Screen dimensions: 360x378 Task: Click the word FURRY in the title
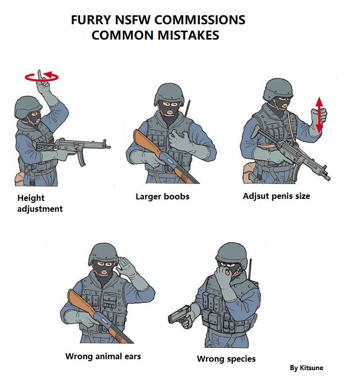click(91, 20)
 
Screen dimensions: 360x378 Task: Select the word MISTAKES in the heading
click(188, 35)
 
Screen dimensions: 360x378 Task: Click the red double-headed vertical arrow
click(319, 115)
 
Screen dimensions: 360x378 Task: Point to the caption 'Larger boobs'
click(162, 196)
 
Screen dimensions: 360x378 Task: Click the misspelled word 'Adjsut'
click(256, 196)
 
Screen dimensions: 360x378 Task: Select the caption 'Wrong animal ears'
click(103, 356)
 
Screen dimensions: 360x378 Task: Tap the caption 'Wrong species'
click(226, 359)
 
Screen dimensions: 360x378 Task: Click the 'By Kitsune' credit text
click(307, 368)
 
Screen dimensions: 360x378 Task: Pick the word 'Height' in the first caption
click(31, 198)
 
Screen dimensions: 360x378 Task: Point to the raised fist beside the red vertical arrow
click(318, 116)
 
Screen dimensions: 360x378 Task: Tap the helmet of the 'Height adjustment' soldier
click(28, 107)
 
